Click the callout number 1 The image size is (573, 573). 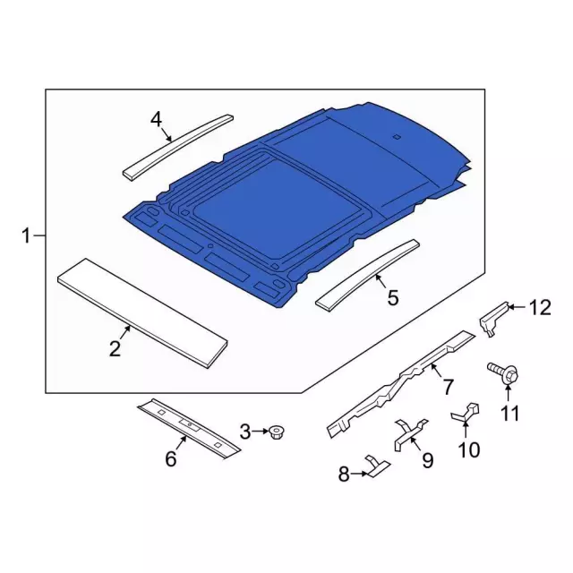point(27,236)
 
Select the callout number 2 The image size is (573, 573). point(115,349)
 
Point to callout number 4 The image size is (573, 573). point(156,118)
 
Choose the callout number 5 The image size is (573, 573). point(393,296)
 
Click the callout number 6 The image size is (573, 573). point(171,459)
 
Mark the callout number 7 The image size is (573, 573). point(448,386)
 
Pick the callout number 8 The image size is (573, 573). point(344,475)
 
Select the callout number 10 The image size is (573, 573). point(469,449)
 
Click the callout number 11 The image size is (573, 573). point(509,413)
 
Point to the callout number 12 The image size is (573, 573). point(540,308)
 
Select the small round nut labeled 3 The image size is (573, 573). point(278,433)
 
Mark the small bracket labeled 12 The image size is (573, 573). point(492,317)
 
